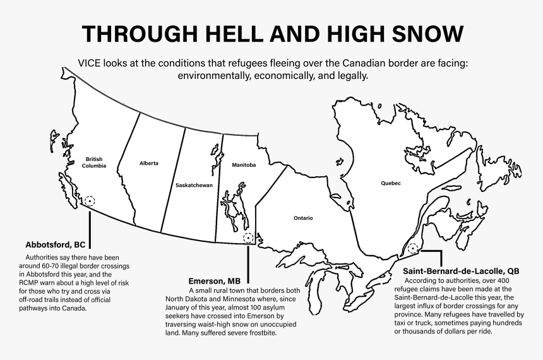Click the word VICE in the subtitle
pyautogui.click(x=92, y=63)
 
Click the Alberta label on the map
pyautogui.click(x=149, y=163)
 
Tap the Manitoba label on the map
pyautogui.click(x=244, y=165)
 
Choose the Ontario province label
pyautogui.click(x=302, y=218)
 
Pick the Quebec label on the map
pyautogui.click(x=390, y=183)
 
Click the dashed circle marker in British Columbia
pyautogui.click(x=90, y=201)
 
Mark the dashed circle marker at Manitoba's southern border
pyautogui.click(x=248, y=238)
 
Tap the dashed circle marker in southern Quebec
pyautogui.click(x=413, y=249)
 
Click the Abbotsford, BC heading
pyautogui.click(x=55, y=244)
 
